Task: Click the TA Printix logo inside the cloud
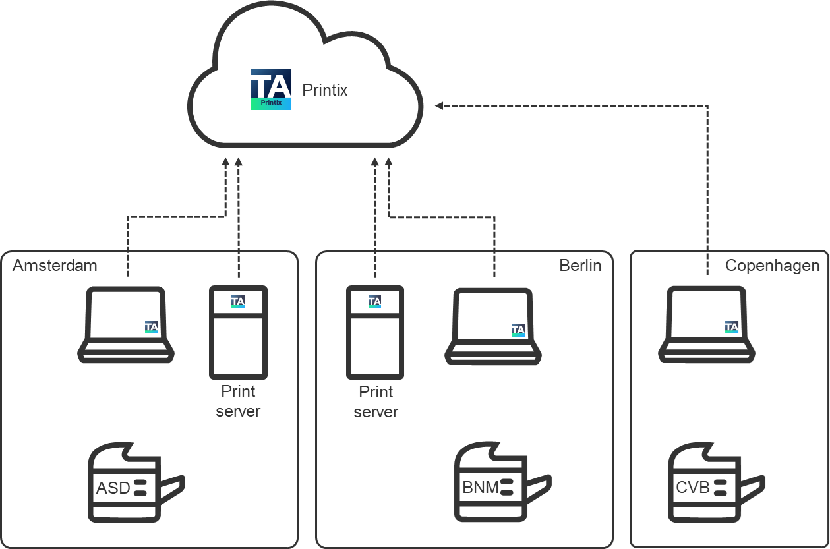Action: [271, 90]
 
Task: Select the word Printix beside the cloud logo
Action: [324, 90]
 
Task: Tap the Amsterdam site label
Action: [55, 266]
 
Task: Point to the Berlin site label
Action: [580, 266]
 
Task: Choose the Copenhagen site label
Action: [772, 266]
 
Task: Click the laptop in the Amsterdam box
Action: [126, 324]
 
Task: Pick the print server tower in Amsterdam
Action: [238, 332]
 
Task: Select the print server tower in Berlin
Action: [374, 332]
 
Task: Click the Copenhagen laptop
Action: [707, 324]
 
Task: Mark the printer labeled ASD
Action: [135, 482]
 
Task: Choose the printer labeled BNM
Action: [502, 482]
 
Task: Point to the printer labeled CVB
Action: [715, 482]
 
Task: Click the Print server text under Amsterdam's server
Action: [238, 401]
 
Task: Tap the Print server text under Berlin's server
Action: [376, 402]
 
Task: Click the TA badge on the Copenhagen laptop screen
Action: [732, 327]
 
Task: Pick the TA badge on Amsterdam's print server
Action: [238, 302]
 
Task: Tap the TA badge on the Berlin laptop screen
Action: [518, 330]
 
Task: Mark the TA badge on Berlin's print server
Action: [374, 302]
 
